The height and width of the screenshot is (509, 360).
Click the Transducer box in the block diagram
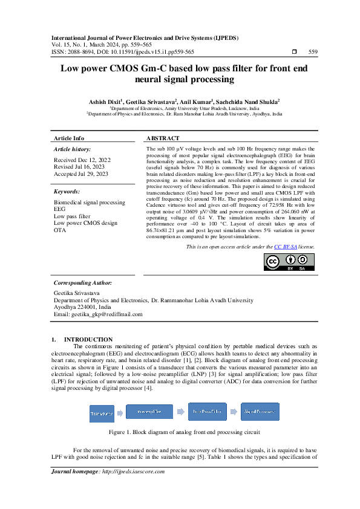102,413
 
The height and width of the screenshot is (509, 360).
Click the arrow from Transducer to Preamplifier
120,413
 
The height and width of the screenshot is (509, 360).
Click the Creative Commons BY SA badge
280,261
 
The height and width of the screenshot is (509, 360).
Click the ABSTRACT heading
163,138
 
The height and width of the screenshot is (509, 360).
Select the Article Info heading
69,138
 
